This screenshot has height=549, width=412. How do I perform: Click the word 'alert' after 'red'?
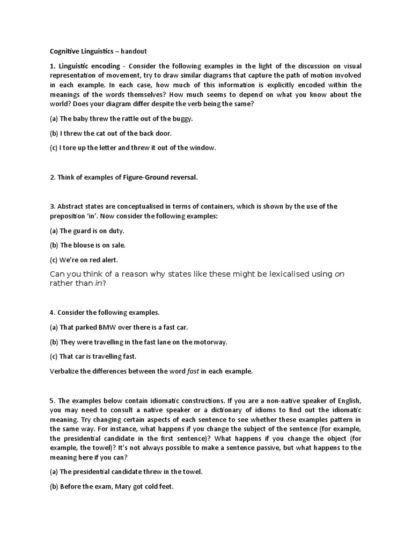(x=107, y=259)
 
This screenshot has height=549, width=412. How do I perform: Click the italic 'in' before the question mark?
(x=98, y=284)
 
